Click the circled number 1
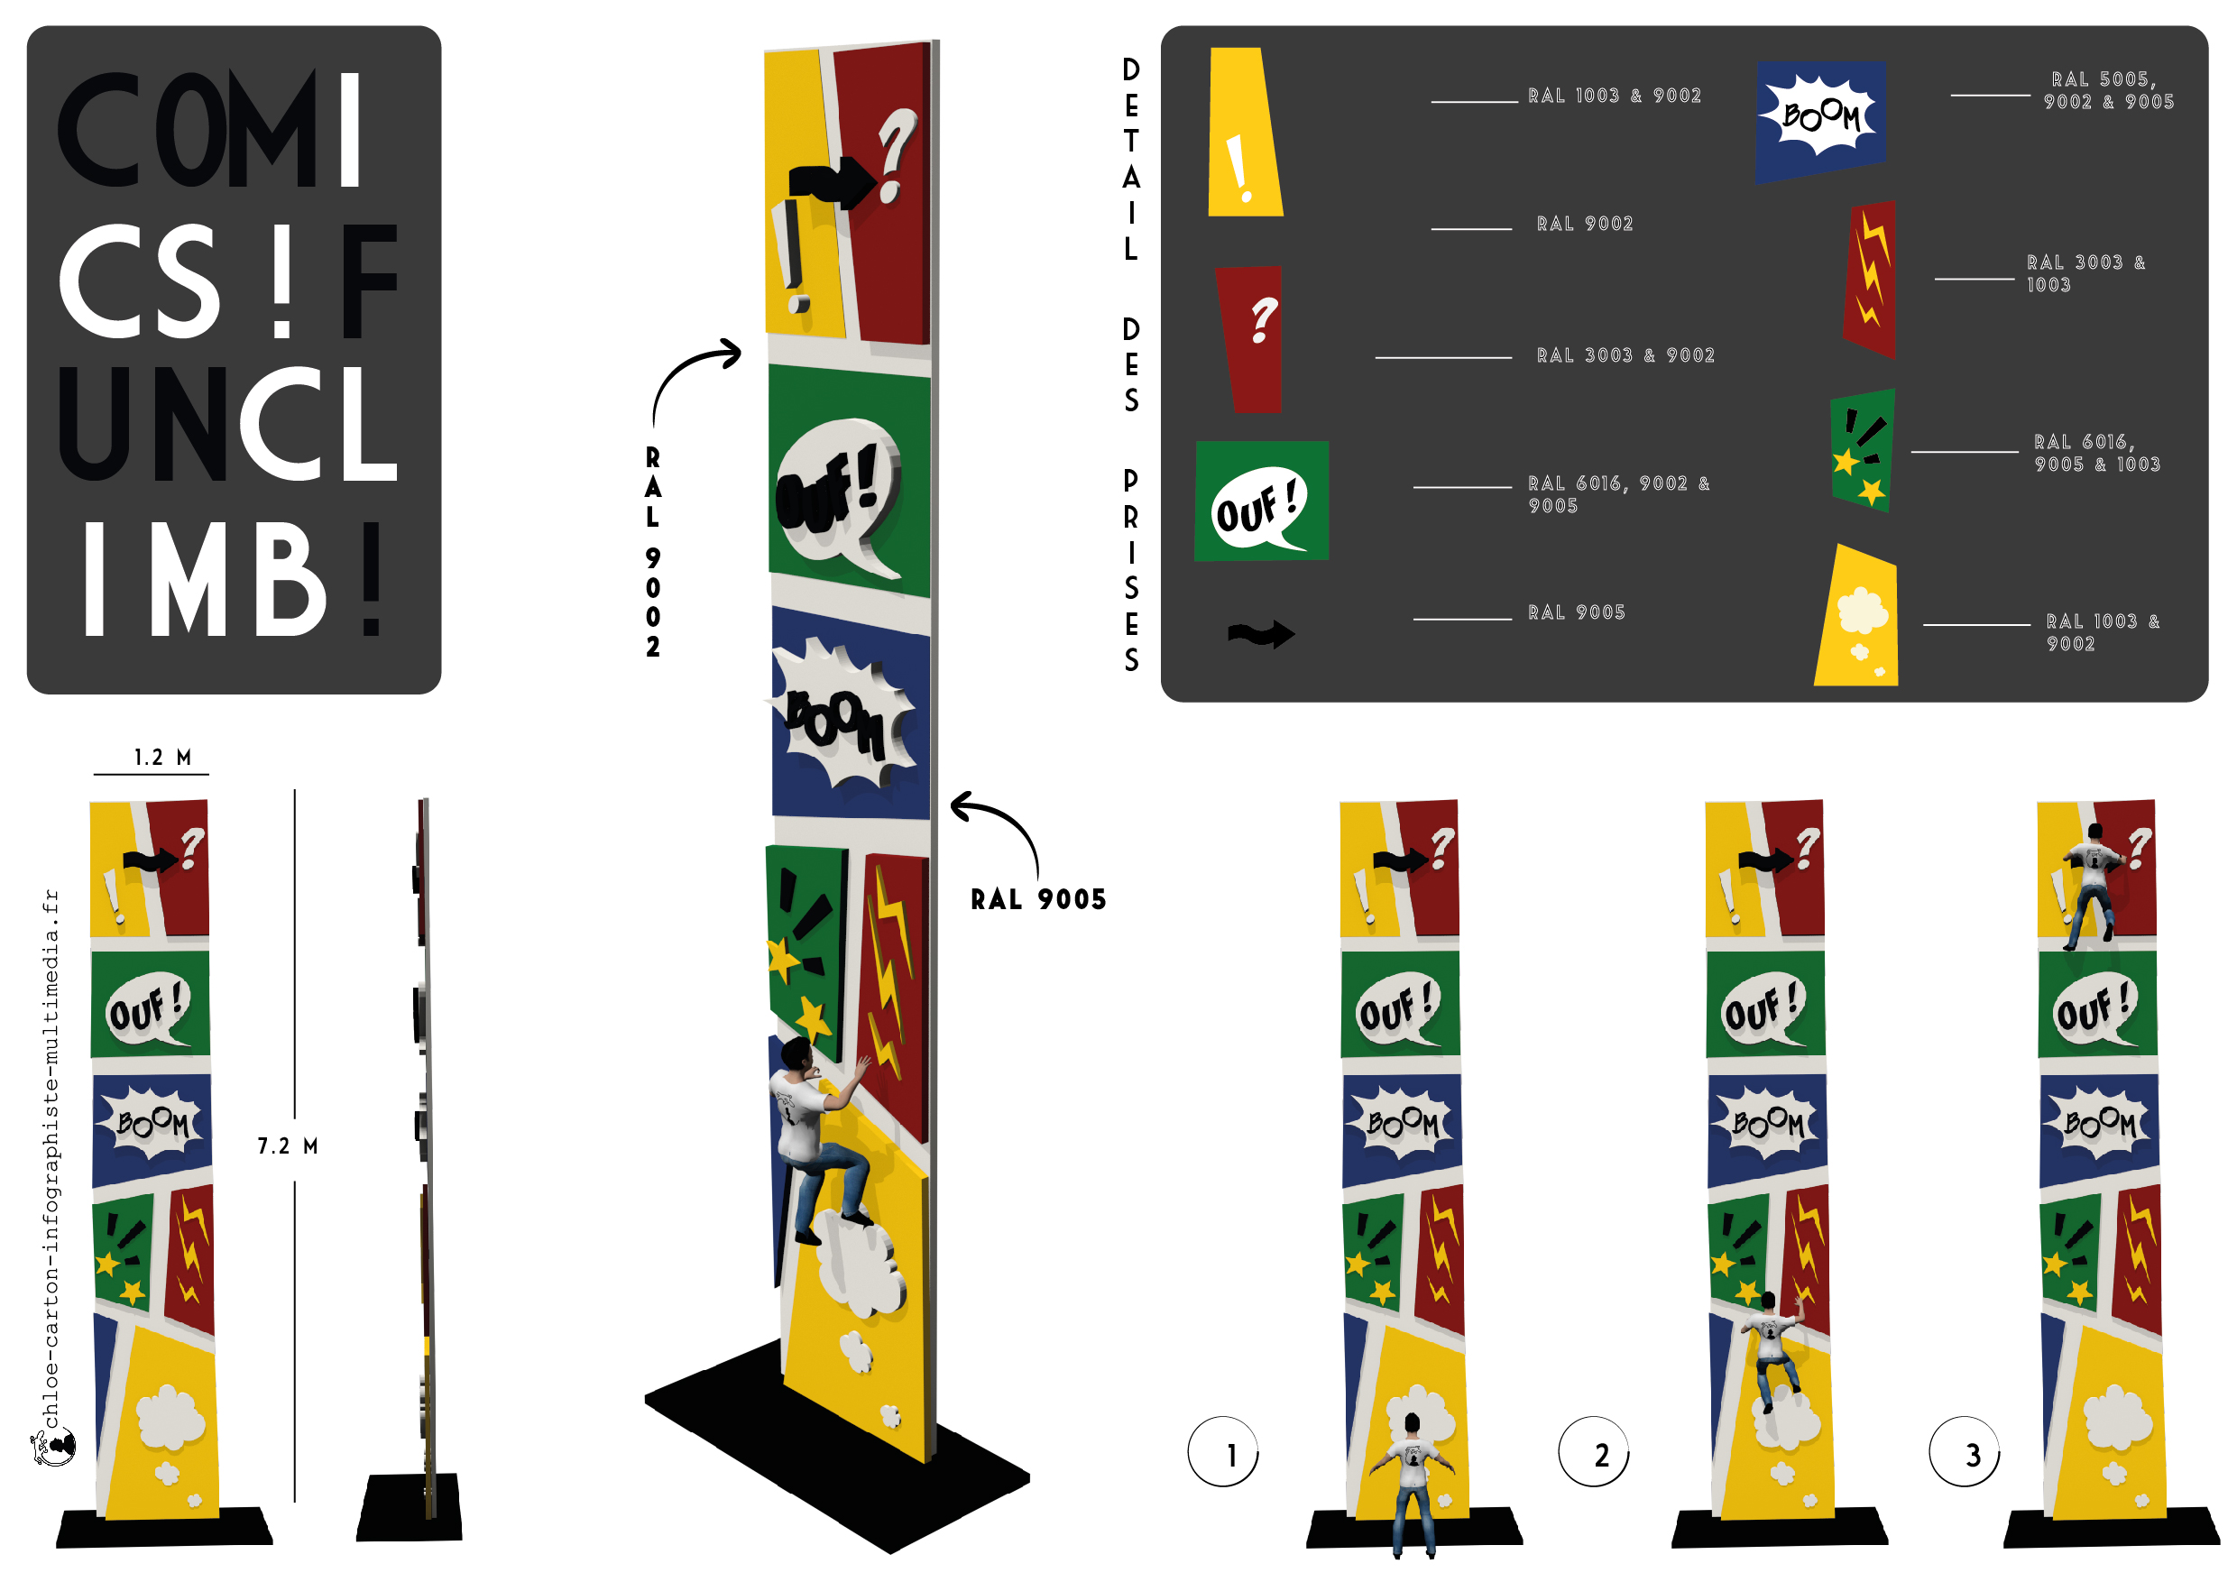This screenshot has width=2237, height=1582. click(1223, 1451)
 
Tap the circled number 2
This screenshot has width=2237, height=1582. click(1594, 1451)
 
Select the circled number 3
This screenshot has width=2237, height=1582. click(1965, 1451)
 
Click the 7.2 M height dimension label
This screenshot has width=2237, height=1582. click(288, 1145)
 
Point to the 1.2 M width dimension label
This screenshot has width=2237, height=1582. click(162, 757)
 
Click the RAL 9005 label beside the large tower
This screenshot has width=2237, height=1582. click(1038, 899)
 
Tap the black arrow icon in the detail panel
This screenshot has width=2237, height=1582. click(1261, 634)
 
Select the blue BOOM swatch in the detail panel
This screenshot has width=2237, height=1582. click(1821, 121)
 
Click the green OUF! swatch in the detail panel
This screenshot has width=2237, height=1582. click(1262, 501)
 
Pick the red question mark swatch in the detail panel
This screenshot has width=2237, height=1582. click(1250, 339)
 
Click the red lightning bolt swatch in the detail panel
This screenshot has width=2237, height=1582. click(1870, 279)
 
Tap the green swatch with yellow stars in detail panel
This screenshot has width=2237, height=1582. click(1863, 450)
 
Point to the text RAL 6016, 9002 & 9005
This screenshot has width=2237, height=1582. click(1618, 494)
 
